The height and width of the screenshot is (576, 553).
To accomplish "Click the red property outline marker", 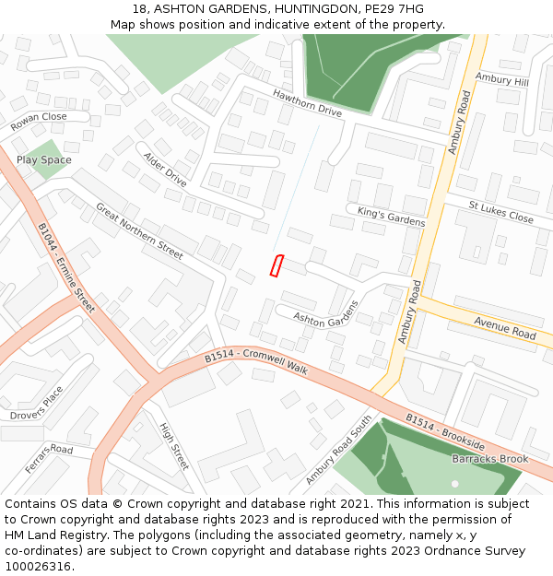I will pyautogui.click(x=275, y=265).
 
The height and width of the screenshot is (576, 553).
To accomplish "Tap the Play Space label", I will pyautogui.click(x=43, y=160).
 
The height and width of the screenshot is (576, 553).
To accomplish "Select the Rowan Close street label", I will pyautogui.click(x=39, y=122).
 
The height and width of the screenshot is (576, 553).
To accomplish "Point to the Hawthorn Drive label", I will pyautogui.click(x=307, y=103).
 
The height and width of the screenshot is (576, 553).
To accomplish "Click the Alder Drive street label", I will pyautogui.click(x=165, y=170).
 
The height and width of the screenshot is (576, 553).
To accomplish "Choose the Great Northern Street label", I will pyautogui.click(x=139, y=229).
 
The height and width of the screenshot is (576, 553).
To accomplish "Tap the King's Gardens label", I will pyautogui.click(x=391, y=217).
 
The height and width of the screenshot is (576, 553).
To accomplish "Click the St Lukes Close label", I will pyautogui.click(x=500, y=212).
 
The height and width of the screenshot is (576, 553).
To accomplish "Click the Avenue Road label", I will pyautogui.click(x=504, y=327).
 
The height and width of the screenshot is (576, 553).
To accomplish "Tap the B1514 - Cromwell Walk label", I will pyautogui.click(x=255, y=360).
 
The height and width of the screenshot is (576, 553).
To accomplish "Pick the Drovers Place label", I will pyautogui.click(x=37, y=403).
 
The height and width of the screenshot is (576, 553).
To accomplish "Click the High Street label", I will pyautogui.click(x=173, y=447).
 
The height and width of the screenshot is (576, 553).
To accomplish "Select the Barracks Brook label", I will pyautogui.click(x=489, y=459).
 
